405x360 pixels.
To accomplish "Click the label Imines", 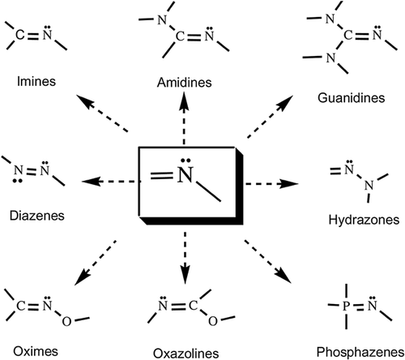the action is tap(36, 81).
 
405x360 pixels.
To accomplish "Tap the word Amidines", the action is tap(185, 82).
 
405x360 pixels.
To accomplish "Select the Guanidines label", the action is tap(351, 97).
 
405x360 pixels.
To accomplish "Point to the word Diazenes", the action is tap(37, 216).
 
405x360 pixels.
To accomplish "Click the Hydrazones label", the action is tap(364, 220).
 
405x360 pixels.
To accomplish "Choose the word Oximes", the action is tap(36, 351).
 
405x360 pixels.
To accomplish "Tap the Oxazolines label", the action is tap(186, 354).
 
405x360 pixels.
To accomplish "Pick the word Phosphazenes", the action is tap(360, 352).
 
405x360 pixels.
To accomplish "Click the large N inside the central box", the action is tap(185, 174).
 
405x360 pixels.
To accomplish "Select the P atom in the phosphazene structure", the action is tap(346, 306).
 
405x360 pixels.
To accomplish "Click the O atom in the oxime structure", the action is tap(66, 321).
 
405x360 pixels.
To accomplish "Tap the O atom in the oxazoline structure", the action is tap(213, 321).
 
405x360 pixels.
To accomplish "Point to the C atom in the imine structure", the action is tap(20, 35).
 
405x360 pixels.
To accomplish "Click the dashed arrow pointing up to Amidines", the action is tap(185, 118).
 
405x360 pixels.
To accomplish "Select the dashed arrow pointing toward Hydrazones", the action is tap(271, 184).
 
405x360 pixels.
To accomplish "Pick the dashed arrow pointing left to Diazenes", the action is tap(109, 181).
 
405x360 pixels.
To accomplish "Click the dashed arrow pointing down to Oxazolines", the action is tap(185, 258).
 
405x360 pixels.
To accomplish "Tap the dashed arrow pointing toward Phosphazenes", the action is tap(268, 261).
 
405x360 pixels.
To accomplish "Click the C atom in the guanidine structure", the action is tap(348, 36).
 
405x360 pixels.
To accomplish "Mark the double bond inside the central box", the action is tap(161, 176).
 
